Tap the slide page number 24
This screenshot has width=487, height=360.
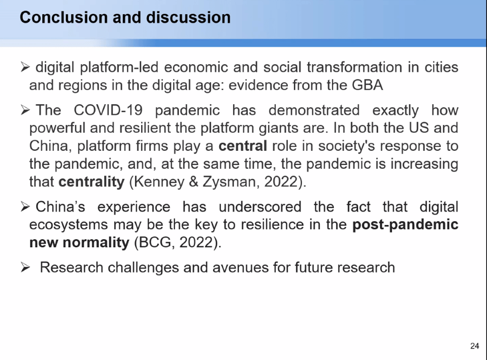pyautogui.click(x=475, y=346)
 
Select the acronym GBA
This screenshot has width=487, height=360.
pyautogui.click(x=367, y=85)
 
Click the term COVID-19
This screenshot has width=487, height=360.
pyautogui.click(x=108, y=110)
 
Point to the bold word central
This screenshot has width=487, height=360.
pyautogui.click(x=243, y=146)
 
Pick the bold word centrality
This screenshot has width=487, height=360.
pyautogui.click(x=92, y=182)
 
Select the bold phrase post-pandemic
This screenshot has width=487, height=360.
pyautogui.click(x=405, y=224)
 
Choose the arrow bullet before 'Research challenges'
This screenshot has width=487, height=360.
pyautogui.click(x=25, y=267)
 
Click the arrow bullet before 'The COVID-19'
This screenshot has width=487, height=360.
pyautogui.click(x=25, y=110)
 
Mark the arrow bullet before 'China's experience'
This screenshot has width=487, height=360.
pyautogui.click(x=25, y=206)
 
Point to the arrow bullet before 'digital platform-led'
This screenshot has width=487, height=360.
pyautogui.click(x=25, y=67)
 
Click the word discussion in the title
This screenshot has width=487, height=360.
pyautogui.click(x=188, y=18)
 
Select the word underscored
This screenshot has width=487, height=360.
pyautogui.click(x=260, y=207)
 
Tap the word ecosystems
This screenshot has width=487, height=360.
pyautogui.click(x=68, y=225)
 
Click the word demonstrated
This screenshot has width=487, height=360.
pyautogui.click(x=314, y=110)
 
